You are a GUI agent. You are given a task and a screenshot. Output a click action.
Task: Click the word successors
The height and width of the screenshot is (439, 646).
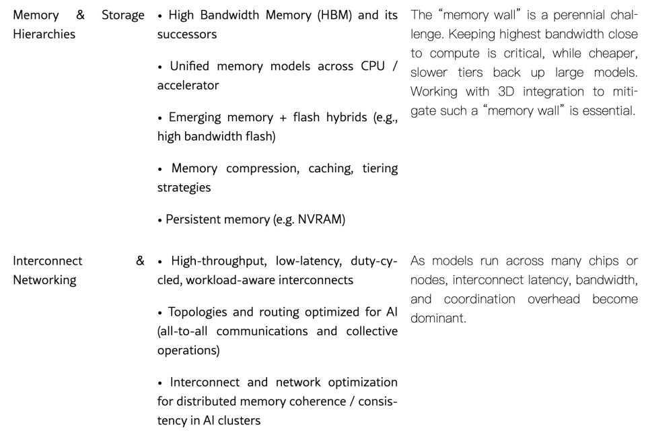pos(186,34)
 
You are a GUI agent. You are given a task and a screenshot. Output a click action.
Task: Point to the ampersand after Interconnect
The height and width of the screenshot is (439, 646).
pos(140,261)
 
